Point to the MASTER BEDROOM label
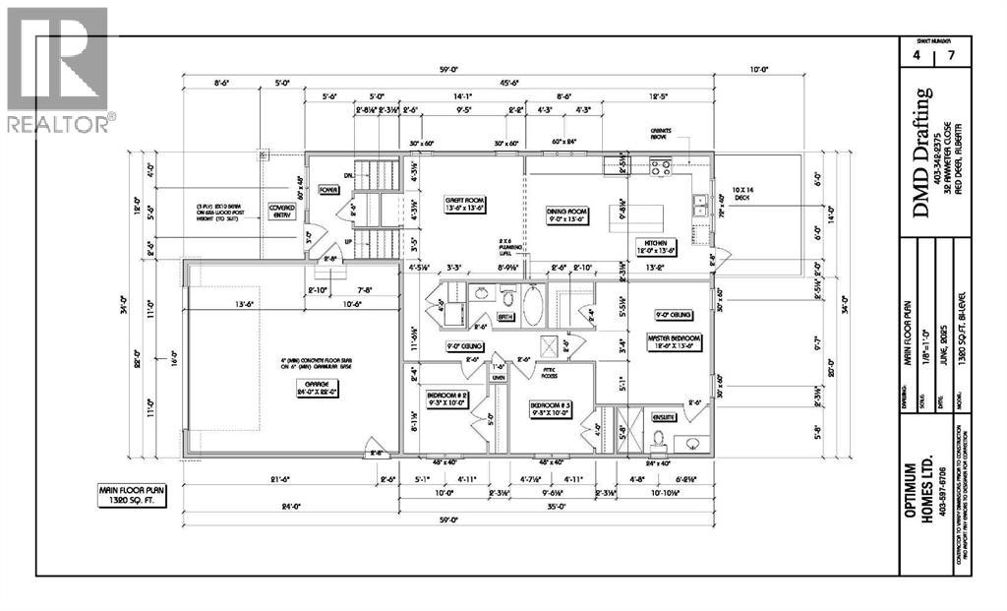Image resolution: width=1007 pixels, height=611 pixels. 671,338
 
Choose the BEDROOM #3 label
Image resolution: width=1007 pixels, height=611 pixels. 552,408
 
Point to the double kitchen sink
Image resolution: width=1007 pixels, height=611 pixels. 702,205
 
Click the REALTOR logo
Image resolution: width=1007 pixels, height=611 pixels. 58,70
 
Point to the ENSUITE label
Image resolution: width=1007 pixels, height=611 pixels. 665,417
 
